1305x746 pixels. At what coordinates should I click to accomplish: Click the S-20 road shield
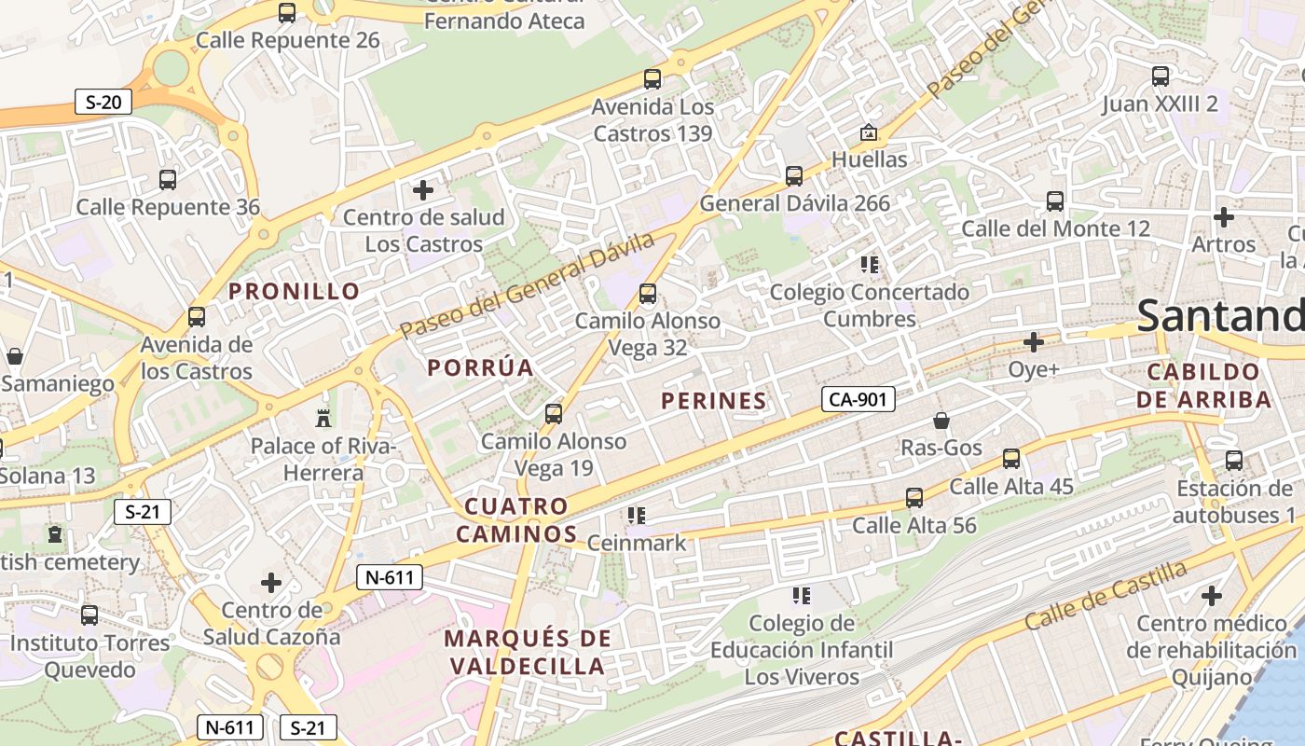pos(103,102)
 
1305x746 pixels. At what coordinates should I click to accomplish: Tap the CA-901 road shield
pos(859,400)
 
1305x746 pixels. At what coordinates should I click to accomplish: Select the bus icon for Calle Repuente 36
pos(168,180)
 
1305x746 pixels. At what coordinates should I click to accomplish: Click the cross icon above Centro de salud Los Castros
pos(423,190)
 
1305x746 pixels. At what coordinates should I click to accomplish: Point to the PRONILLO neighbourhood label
pos(295,291)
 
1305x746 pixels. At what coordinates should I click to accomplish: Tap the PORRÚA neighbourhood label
pos(481,367)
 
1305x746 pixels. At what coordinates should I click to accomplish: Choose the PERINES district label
pos(714,401)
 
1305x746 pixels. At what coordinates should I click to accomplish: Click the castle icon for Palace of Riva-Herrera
pos(323,417)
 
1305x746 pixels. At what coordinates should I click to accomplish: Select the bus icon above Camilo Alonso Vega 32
pos(648,295)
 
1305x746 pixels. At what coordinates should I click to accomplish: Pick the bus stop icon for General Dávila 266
pos(794,175)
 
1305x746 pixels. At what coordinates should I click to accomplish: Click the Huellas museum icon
pos(869,132)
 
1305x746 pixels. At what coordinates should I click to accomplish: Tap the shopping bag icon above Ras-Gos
pos(941,421)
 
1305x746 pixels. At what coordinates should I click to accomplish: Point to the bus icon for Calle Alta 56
pos(914,498)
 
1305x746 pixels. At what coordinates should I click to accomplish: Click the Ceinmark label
pos(637,543)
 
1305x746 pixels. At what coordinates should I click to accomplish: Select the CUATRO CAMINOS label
pos(520,520)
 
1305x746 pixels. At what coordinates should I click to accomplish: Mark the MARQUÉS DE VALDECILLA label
pos(528,653)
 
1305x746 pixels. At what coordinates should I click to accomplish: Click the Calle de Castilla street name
pos(1106,594)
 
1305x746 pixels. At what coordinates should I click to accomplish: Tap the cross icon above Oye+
pos(1033,342)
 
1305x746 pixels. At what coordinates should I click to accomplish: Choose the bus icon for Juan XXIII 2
pos(1161,76)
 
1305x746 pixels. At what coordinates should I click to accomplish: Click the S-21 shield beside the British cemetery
pos(143,511)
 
